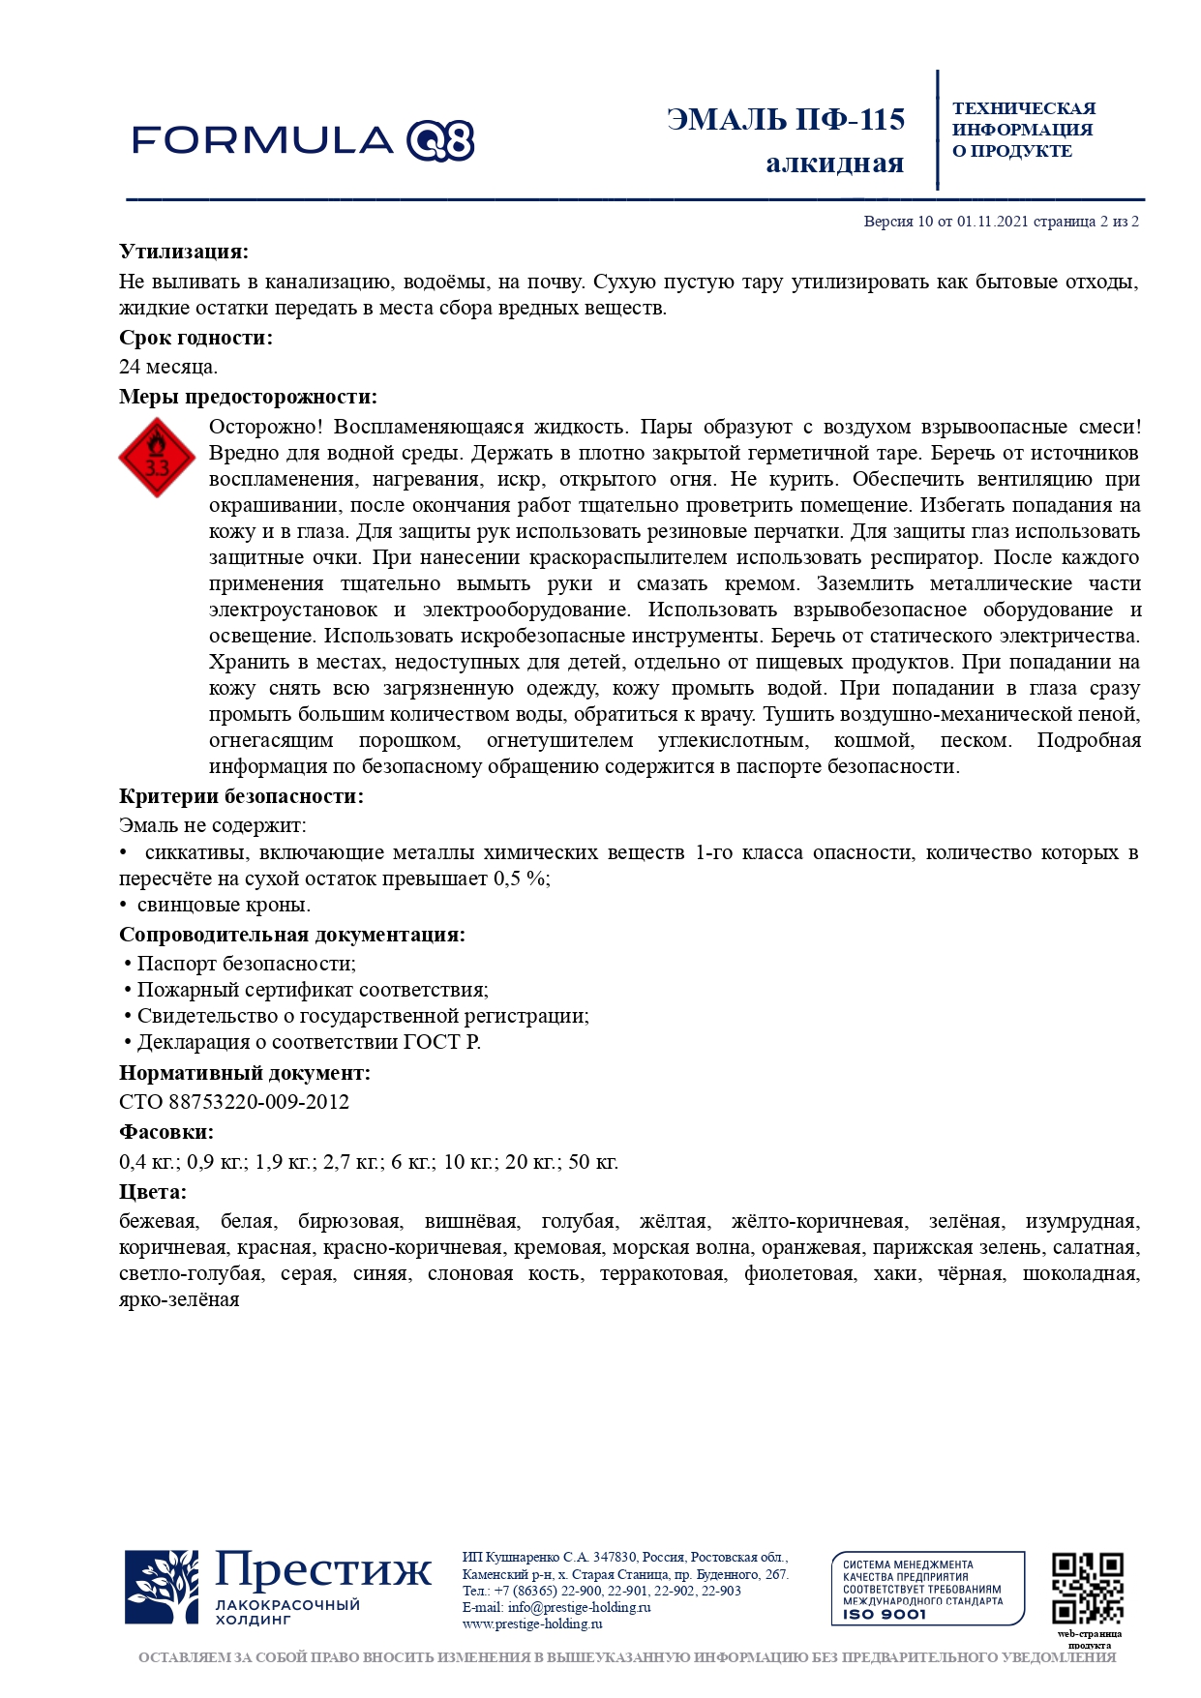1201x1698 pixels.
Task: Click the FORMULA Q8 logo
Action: [303, 141]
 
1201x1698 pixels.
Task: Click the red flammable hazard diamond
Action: [157, 458]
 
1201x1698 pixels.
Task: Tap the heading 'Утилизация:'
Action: [184, 252]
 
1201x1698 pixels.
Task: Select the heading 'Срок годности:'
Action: [195, 338]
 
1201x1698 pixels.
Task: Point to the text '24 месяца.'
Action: [168, 367]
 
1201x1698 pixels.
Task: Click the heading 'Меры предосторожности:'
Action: [248, 397]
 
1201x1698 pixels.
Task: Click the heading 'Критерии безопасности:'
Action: [241, 796]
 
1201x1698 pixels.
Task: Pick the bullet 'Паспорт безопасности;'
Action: [246, 964]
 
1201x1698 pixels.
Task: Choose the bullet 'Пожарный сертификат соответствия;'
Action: [312, 990]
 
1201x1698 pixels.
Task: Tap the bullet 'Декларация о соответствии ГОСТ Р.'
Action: [308, 1042]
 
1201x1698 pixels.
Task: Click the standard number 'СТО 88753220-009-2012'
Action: [234, 1102]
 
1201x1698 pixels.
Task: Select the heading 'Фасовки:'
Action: [166, 1132]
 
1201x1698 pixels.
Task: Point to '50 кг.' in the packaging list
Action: [592, 1162]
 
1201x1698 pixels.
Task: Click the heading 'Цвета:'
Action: [153, 1192]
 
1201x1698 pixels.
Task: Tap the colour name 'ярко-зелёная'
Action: [179, 1299]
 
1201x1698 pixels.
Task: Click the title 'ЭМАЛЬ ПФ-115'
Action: [785, 120]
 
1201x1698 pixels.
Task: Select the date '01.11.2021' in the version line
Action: [992, 222]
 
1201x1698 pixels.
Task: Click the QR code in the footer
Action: [1088, 1588]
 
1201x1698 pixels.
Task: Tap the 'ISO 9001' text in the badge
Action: [884, 1614]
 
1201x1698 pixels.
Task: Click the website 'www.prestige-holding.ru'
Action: [532, 1624]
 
